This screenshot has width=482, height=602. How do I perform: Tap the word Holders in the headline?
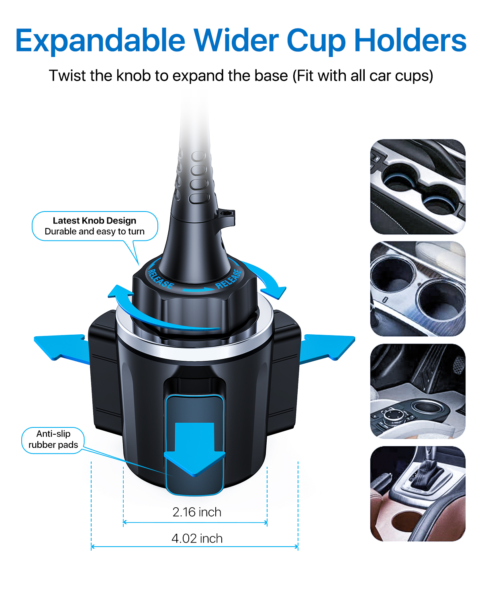tap(410, 40)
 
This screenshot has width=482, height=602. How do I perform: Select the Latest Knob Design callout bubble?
tap(95, 226)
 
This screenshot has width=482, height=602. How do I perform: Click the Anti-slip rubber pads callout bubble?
tap(53, 439)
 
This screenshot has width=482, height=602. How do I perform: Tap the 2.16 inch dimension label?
tap(197, 512)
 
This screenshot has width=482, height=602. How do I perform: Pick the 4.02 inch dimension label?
tap(197, 539)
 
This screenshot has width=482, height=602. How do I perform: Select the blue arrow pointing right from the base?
tap(327, 348)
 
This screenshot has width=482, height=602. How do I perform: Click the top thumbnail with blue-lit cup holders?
tap(418, 187)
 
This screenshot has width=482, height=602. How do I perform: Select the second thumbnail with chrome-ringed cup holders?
tap(418, 289)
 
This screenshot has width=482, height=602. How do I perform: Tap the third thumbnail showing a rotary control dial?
tap(418, 391)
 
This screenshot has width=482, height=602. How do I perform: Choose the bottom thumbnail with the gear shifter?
tap(418, 494)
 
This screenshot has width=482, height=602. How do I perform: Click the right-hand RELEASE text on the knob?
tap(229, 279)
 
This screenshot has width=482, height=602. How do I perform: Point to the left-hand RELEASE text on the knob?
tap(161, 279)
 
